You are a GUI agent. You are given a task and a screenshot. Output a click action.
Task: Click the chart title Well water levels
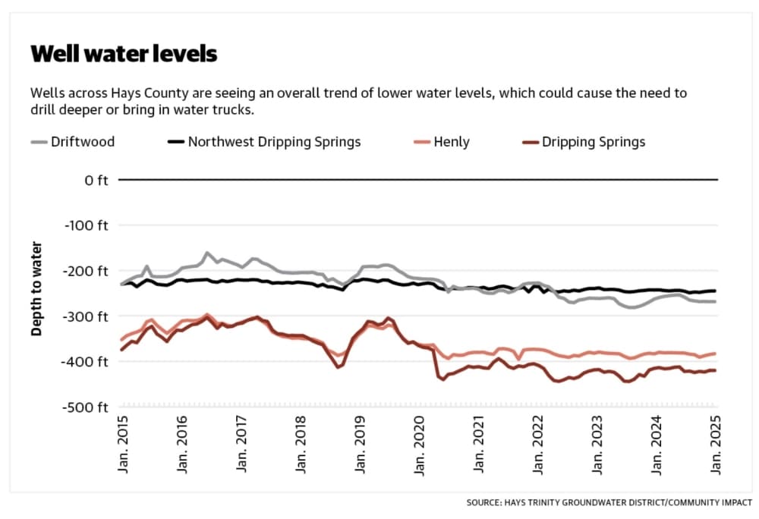pyautogui.click(x=124, y=54)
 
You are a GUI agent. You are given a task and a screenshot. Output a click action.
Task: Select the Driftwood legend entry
pyautogui.click(x=73, y=142)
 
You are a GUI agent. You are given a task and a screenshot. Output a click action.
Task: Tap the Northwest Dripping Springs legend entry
pyautogui.click(x=264, y=142)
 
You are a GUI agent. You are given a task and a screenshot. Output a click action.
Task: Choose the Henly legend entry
pyautogui.click(x=442, y=142)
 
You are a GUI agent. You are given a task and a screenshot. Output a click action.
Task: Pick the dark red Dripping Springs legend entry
pyautogui.click(x=584, y=142)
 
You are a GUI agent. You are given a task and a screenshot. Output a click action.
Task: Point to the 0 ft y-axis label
pyautogui.click(x=96, y=181)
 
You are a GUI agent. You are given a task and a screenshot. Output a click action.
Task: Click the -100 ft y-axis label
pyautogui.click(x=87, y=225)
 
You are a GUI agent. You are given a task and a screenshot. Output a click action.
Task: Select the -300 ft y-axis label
pyautogui.click(x=85, y=317)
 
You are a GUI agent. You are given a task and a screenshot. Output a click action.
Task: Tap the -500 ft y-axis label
pyautogui.click(x=85, y=407)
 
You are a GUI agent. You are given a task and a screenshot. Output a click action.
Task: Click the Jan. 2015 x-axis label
pyautogui.click(x=123, y=444)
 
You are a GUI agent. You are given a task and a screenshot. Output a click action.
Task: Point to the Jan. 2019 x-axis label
pyautogui.click(x=360, y=444)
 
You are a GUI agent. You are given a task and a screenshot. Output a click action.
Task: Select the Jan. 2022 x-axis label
pyautogui.click(x=538, y=444)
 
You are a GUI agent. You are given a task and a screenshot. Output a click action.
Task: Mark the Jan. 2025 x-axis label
pyautogui.click(x=715, y=444)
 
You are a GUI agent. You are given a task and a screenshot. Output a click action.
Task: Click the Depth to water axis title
pyautogui.click(x=36, y=289)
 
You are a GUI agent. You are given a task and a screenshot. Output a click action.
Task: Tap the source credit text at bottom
pyautogui.click(x=609, y=502)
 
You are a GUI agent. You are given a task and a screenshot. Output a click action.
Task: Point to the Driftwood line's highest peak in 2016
pyautogui.click(x=207, y=253)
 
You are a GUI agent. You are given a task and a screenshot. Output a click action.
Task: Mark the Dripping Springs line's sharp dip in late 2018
pyautogui.click(x=339, y=367)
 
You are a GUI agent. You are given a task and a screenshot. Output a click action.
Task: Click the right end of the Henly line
pyautogui.click(x=715, y=354)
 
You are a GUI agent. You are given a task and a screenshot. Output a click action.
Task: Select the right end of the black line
pyautogui.click(x=715, y=291)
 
